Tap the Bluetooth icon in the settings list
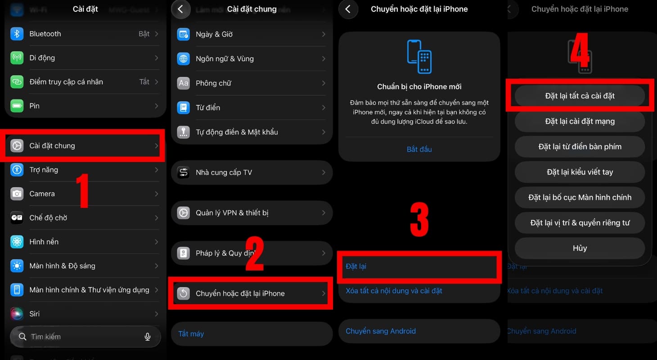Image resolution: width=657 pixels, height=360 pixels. [x=17, y=34]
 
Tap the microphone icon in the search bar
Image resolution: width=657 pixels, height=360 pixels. [x=147, y=337]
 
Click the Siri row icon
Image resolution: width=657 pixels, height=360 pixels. [x=17, y=314]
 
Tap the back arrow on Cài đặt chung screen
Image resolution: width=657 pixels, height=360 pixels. [x=180, y=9]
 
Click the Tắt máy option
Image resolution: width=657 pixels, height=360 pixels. [x=191, y=334]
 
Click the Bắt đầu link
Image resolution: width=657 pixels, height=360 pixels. [x=419, y=149]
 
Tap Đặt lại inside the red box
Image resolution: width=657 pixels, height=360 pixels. [x=356, y=266]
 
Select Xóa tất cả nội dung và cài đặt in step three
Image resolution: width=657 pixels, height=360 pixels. [x=394, y=291]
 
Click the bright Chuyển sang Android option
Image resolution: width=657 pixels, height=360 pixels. [x=381, y=331]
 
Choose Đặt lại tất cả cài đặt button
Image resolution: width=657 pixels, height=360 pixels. [x=580, y=96]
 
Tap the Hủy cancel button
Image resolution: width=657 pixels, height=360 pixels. [x=580, y=248]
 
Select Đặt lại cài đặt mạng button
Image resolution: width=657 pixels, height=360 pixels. [x=580, y=121]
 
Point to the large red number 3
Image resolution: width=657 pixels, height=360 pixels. [x=419, y=220]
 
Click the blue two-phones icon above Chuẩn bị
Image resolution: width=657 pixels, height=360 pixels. [x=419, y=56]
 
